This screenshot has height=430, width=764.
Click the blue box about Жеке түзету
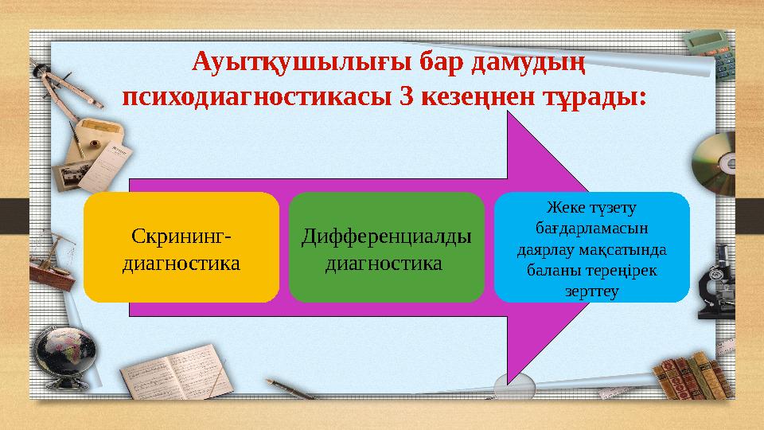tap(591, 248)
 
